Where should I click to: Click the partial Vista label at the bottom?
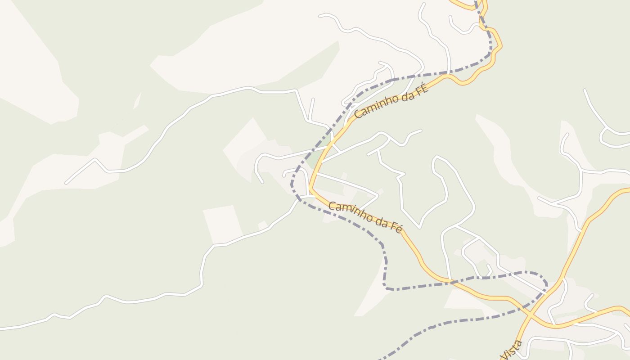coord(512,350)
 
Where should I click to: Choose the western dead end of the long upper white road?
coord(67,183)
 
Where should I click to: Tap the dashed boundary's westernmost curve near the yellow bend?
coord(292,184)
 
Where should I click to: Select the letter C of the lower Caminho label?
coord(332,206)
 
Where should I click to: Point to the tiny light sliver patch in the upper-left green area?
coord(137,101)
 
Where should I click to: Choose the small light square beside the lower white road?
coord(263,225)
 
